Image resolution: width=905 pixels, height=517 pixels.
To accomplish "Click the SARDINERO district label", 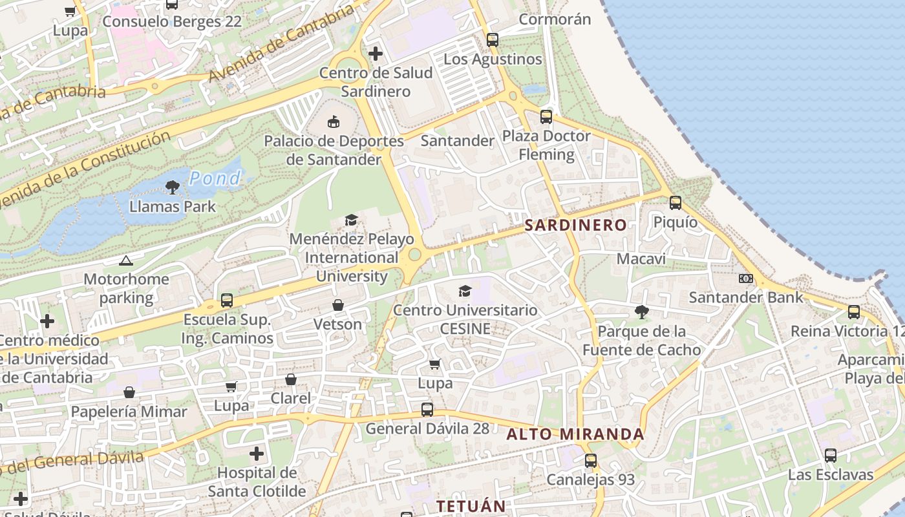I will click(x=575, y=225).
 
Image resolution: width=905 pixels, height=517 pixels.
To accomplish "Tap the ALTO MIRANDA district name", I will click(x=575, y=434).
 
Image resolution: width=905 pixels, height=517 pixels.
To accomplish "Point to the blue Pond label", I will click(x=215, y=178).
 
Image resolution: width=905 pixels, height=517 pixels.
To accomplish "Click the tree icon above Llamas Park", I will click(x=172, y=188).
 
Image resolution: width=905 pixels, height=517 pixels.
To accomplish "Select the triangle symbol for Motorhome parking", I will click(x=126, y=261).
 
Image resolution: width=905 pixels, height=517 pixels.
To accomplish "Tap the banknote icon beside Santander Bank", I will click(x=745, y=279).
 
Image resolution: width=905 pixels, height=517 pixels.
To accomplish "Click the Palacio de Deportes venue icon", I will click(x=334, y=121).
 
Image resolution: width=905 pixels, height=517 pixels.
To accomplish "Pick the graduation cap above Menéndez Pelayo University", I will click(x=351, y=220).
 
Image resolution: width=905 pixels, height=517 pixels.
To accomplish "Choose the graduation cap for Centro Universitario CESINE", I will click(x=465, y=291).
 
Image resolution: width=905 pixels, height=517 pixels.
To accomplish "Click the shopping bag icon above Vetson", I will click(x=337, y=305).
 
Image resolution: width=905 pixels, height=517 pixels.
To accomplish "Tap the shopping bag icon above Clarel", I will click(x=291, y=379).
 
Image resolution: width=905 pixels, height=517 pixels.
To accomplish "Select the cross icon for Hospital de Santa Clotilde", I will click(x=257, y=454).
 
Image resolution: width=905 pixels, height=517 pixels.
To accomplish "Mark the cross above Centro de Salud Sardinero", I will click(x=376, y=54).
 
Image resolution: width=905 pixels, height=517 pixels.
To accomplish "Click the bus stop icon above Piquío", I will click(x=676, y=203).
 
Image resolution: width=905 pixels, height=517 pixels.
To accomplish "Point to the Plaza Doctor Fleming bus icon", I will click(x=546, y=117).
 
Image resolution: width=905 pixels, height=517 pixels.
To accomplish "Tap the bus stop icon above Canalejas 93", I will click(x=591, y=461).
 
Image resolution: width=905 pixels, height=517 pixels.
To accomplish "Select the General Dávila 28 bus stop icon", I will click(x=427, y=409).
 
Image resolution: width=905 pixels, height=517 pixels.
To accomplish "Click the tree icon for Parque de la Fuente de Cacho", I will click(x=641, y=313).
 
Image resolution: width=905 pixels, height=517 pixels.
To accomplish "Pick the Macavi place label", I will click(x=641, y=259).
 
